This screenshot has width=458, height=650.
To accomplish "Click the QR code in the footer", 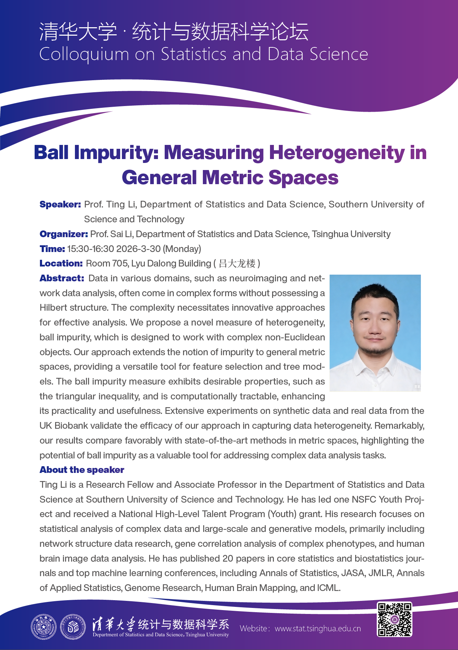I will (394, 619).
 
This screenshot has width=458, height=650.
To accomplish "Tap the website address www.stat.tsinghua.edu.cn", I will (318, 628).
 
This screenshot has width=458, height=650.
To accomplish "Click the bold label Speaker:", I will (60, 204).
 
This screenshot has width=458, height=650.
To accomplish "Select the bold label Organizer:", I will (64, 234).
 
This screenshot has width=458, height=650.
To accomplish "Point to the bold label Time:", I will (52, 249).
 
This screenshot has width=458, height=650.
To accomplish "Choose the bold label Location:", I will (61, 263).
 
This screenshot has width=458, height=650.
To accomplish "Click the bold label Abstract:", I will (61, 278).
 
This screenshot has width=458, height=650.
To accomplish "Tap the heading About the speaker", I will (82, 470).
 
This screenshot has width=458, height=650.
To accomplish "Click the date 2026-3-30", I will (139, 249).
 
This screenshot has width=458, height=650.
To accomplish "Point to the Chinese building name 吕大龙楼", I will (237, 263).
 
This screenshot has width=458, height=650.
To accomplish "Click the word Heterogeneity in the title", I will (336, 153).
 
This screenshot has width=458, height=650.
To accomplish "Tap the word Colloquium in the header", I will (84, 54).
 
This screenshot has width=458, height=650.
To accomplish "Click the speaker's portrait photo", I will (375, 333).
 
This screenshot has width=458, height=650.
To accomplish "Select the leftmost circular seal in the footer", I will (43, 627).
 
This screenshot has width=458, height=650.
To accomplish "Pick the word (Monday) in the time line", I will (182, 249).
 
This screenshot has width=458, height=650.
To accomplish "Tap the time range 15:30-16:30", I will (90, 249).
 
